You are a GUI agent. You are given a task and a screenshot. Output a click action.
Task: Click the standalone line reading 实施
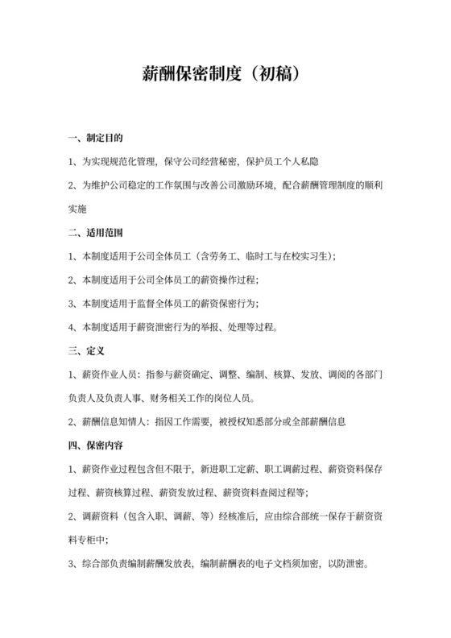tap(77, 209)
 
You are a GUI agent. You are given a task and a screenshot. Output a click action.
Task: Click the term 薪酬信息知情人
tap(112, 421)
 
